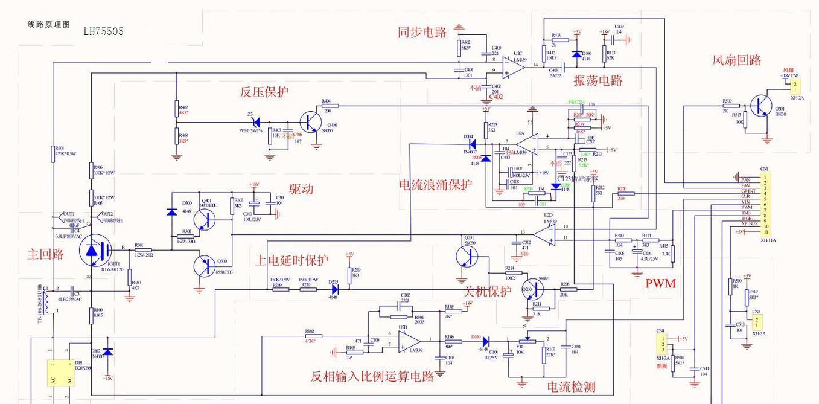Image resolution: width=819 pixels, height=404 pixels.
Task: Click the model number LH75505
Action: click(x=103, y=31)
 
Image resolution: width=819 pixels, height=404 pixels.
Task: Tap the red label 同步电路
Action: click(x=422, y=33)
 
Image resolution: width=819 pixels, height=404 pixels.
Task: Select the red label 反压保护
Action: click(x=264, y=92)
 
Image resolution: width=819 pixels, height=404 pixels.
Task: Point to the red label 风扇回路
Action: click(x=736, y=60)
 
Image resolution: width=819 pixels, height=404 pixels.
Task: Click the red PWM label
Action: click(x=660, y=283)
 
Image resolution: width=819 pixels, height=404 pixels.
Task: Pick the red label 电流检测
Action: click(x=571, y=386)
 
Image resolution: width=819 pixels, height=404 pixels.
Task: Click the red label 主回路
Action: click(x=45, y=254)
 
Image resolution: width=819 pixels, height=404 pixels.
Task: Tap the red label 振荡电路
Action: click(x=598, y=80)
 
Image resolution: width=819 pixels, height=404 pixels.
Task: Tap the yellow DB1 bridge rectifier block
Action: click(x=60, y=373)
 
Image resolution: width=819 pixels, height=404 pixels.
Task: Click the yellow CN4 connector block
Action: click(x=662, y=344)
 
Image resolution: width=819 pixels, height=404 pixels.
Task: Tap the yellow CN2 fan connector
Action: click(x=795, y=86)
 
